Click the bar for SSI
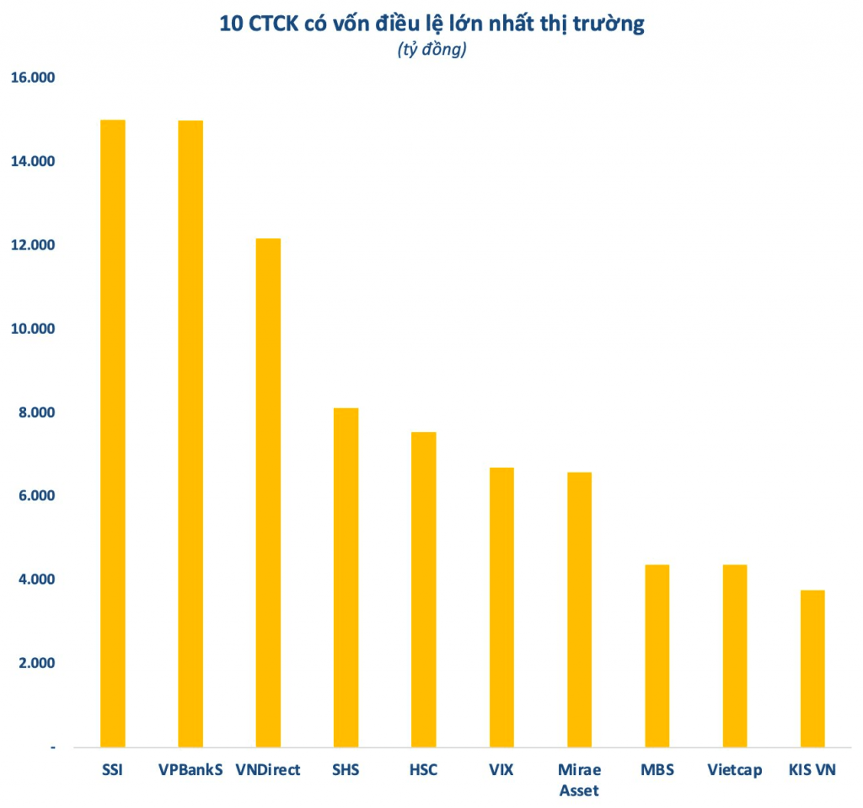click(x=113, y=433)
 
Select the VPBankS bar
click(x=190, y=434)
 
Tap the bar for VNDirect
click(x=268, y=493)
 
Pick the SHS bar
click(x=346, y=577)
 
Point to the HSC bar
click(x=423, y=590)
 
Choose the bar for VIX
click(x=501, y=607)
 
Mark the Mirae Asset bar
click(x=579, y=610)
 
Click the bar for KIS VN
click(x=812, y=669)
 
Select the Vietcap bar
click(x=735, y=655)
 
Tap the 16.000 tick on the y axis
click(x=32, y=78)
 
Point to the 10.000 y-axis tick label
click(x=32, y=329)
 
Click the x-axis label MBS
click(x=657, y=770)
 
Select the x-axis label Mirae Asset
click(x=579, y=780)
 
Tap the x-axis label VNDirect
click(x=268, y=770)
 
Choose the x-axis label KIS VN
click(x=812, y=770)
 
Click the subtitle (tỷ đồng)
click(x=431, y=51)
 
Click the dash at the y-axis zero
click(x=52, y=747)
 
